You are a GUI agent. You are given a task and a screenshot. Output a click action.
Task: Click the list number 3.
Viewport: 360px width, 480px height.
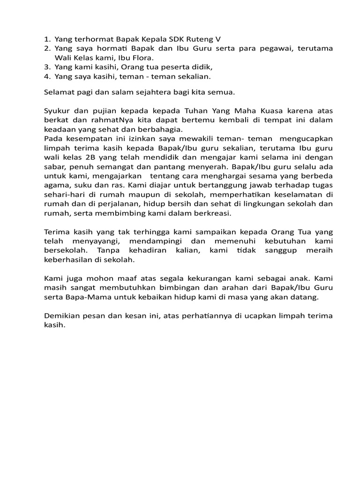tap(47, 67)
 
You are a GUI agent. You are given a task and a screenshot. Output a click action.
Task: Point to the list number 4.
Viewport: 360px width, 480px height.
tap(47, 76)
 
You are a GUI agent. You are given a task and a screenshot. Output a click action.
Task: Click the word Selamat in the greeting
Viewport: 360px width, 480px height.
tap(59, 92)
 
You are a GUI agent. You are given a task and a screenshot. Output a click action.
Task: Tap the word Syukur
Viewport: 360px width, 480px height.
tap(57, 111)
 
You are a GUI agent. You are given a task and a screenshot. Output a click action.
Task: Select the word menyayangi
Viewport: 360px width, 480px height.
tap(91, 240)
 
